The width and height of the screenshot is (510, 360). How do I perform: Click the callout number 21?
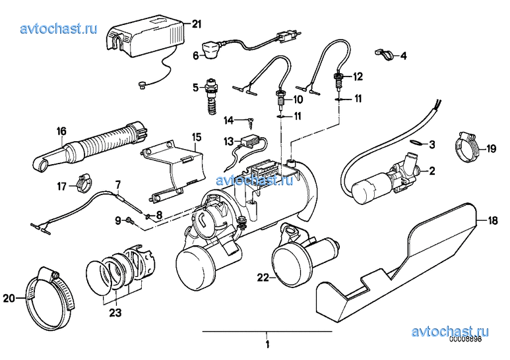[x=195, y=25]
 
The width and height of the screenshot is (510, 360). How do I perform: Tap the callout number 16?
[x=61, y=131]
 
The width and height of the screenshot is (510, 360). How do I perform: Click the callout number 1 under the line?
[x=268, y=344]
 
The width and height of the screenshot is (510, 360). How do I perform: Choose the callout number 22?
[x=263, y=279]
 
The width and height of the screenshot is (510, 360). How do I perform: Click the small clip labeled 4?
[x=381, y=52]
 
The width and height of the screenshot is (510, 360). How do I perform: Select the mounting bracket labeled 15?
[x=173, y=170]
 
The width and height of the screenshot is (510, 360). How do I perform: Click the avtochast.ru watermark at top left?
[x=59, y=28]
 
